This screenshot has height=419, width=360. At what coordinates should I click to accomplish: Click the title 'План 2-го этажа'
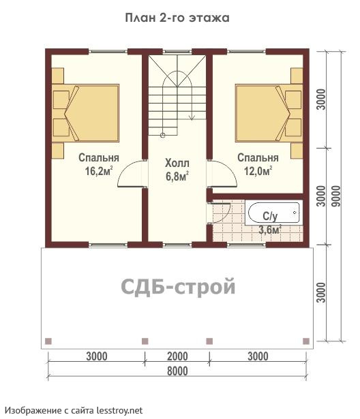pos(177,18)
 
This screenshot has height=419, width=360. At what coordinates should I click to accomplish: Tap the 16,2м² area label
pos(99,171)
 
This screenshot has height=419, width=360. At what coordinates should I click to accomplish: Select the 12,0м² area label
pos(258,171)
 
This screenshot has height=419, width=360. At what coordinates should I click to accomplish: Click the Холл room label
pos(177,163)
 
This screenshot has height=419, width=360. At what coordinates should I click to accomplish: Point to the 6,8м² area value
pos(177,176)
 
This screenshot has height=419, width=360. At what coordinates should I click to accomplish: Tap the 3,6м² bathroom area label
pos(270,230)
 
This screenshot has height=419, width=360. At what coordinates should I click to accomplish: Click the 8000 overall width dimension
pos(177,371)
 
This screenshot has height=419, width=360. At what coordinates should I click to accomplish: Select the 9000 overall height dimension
pos(337,196)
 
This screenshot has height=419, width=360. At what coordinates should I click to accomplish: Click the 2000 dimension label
pos(177,356)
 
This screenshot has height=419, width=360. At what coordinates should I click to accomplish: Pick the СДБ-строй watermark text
pos(178,286)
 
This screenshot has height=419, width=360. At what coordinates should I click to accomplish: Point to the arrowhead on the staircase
pos(192,117)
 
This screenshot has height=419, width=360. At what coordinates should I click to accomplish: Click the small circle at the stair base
pos(162,135)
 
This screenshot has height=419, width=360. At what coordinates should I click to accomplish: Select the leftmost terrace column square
pos(48,341)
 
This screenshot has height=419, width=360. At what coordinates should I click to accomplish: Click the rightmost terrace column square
pos(306,341)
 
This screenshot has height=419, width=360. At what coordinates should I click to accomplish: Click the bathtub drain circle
pos(295,213)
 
